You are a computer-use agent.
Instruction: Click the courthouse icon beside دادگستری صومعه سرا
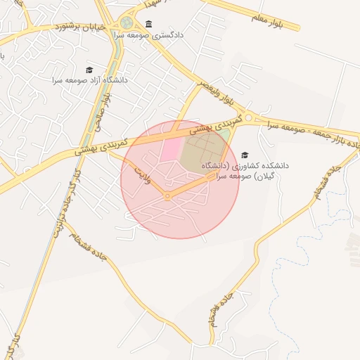(x=148, y=24)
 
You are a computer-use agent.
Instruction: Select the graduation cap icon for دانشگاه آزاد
(x=89, y=70)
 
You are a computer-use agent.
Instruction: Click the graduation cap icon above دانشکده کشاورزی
(x=245, y=155)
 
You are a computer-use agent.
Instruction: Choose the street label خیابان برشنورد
(x=82, y=27)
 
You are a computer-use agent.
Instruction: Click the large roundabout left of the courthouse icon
(x=127, y=24)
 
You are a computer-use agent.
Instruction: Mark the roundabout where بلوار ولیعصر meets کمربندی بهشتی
(x=248, y=118)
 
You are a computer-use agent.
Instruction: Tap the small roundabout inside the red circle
(x=167, y=197)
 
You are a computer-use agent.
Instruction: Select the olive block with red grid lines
(x=202, y=151)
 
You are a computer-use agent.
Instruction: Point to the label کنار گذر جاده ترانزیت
(x=63, y=210)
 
